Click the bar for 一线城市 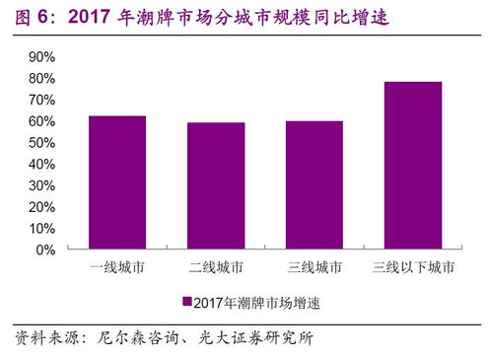tap(117, 182)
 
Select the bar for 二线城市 tap(216, 185)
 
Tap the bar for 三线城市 tap(315, 185)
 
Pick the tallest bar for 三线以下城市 tap(413, 166)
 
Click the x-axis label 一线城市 tap(117, 267)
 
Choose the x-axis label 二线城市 tap(216, 267)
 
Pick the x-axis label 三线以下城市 tap(413, 267)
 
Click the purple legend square tap(186, 302)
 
